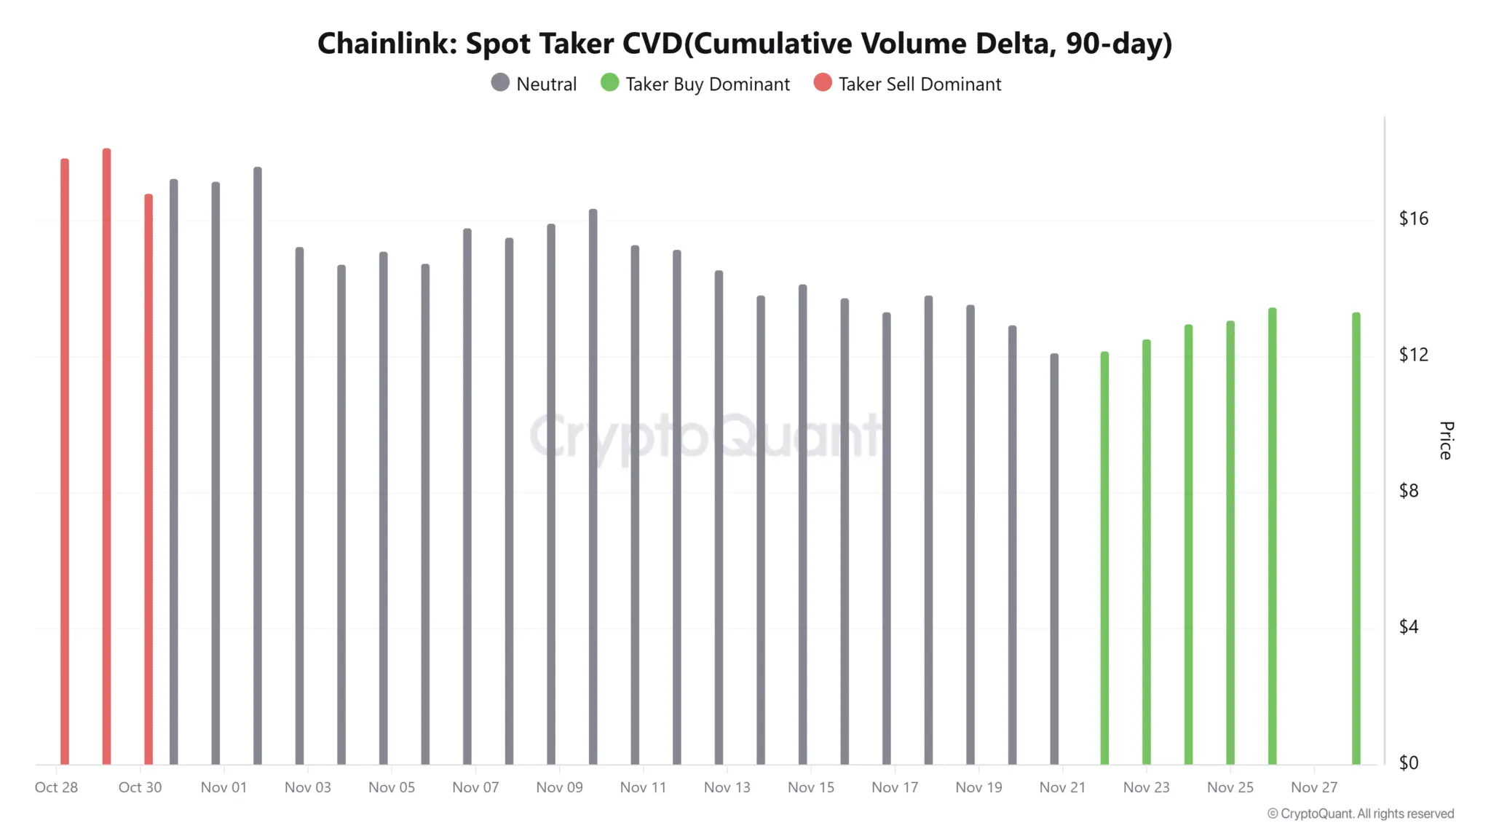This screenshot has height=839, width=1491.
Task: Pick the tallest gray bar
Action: (258, 465)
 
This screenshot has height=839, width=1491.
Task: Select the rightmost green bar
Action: (1356, 538)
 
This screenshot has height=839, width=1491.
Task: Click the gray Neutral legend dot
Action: (500, 82)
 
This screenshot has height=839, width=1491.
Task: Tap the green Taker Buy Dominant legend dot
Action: (609, 82)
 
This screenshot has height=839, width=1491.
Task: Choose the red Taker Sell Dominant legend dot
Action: (823, 82)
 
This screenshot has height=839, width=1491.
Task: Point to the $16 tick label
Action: (1413, 218)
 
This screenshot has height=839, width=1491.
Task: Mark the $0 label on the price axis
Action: (1409, 763)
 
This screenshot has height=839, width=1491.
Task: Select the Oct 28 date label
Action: (56, 787)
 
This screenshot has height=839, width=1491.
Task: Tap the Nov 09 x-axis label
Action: (559, 787)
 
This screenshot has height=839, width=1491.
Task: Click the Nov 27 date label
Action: (1314, 787)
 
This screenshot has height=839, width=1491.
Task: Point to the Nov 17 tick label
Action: (895, 787)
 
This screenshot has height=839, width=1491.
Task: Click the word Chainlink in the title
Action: (387, 44)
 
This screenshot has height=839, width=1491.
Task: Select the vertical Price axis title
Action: (1446, 440)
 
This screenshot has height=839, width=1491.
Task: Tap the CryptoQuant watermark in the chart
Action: (705, 436)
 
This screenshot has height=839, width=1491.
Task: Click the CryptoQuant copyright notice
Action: (1361, 814)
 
